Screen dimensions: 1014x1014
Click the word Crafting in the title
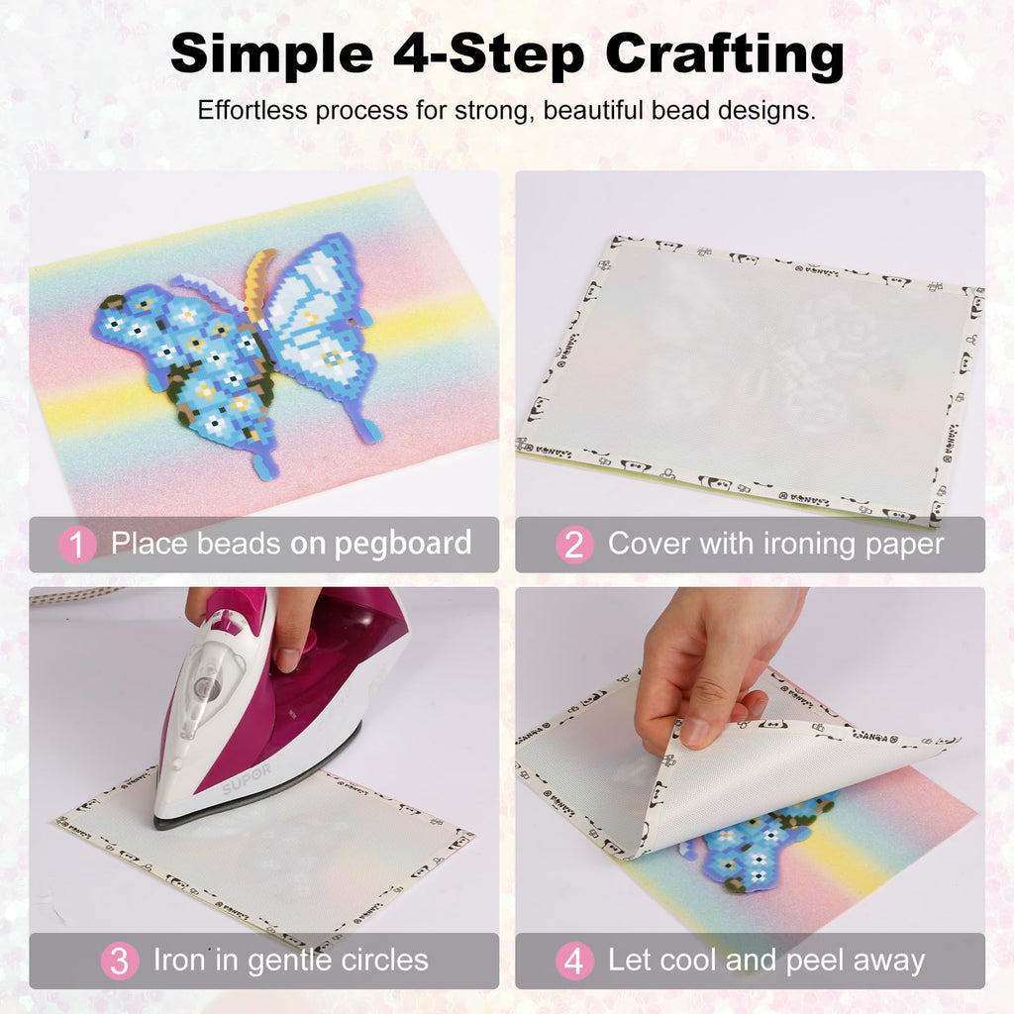[724, 56]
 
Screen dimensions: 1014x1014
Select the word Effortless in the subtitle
[253, 110]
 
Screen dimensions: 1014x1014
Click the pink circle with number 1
[77, 544]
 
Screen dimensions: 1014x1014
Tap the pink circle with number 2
[574, 544]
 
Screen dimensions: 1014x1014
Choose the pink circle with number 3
[120, 961]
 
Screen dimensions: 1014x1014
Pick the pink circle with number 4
[574, 961]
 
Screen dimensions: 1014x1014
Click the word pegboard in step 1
[403, 545]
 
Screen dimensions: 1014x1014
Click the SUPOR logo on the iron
[247, 777]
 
